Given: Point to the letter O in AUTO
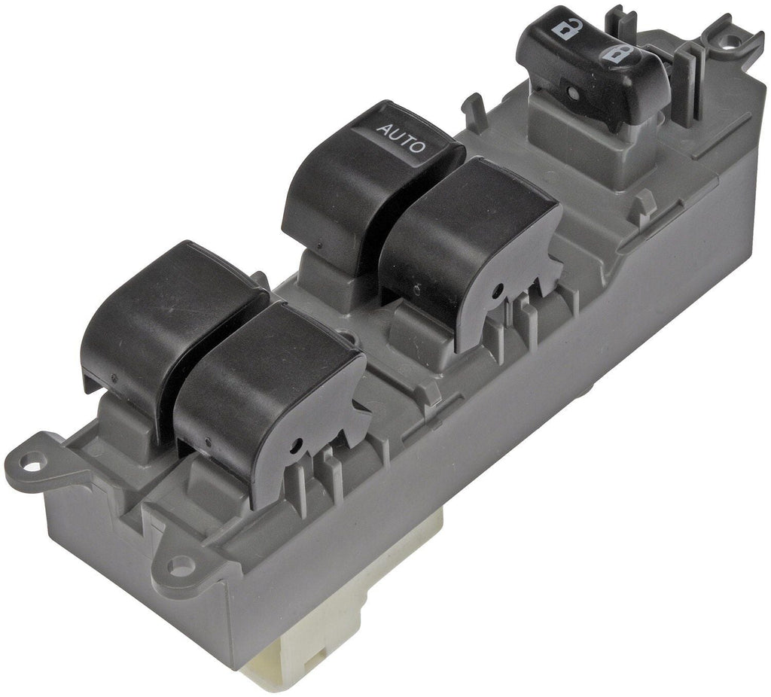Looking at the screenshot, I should coord(419,147).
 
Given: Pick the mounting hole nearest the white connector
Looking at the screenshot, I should coord(181,562).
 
